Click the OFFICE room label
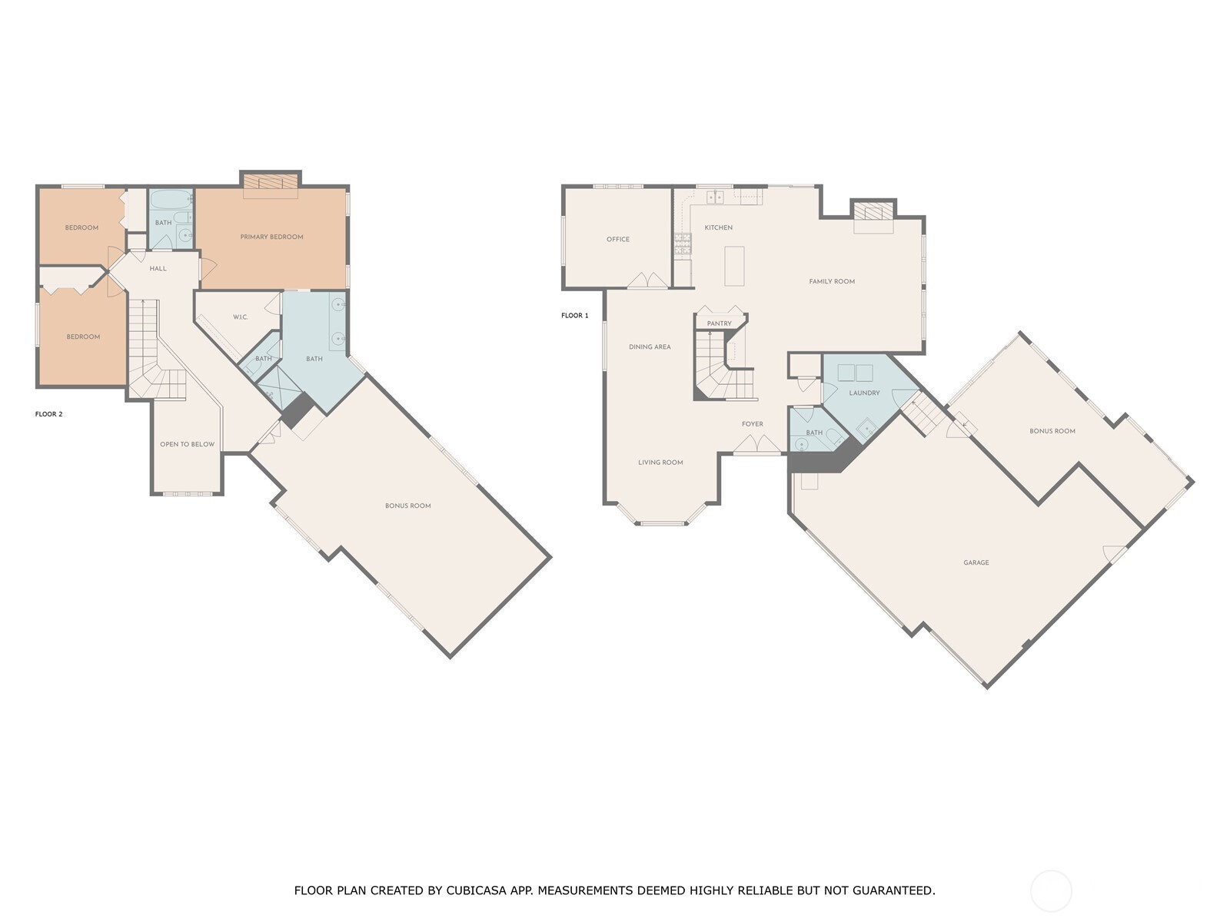tap(617, 239)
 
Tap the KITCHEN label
tap(718, 227)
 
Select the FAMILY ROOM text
tap(832, 281)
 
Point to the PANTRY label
tap(719, 323)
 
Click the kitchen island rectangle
tap(734, 266)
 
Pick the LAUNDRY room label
tap(864, 393)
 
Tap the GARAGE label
tap(976, 562)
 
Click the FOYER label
tap(752, 424)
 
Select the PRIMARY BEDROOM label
tap(272, 237)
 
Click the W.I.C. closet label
tap(241, 317)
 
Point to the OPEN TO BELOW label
tap(187, 444)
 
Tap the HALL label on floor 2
tap(158, 268)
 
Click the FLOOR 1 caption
tap(574, 315)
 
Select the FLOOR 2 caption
tap(48, 413)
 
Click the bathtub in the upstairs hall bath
tap(171, 199)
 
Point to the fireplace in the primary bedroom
tap(271, 182)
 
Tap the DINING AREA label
tap(650, 347)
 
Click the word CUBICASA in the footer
tap(476, 890)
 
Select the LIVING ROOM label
tap(660, 462)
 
